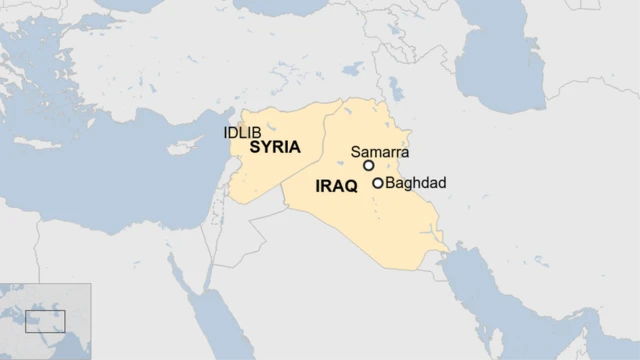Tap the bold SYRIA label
[x=275, y=147]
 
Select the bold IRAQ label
[x=336, y=187]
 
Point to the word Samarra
[x=380, y=152]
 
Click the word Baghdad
[x=416, y=183]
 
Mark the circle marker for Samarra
[x=368, y=165]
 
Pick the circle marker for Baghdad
[x=378, y=183]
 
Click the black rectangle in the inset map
[x=45, y=321]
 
